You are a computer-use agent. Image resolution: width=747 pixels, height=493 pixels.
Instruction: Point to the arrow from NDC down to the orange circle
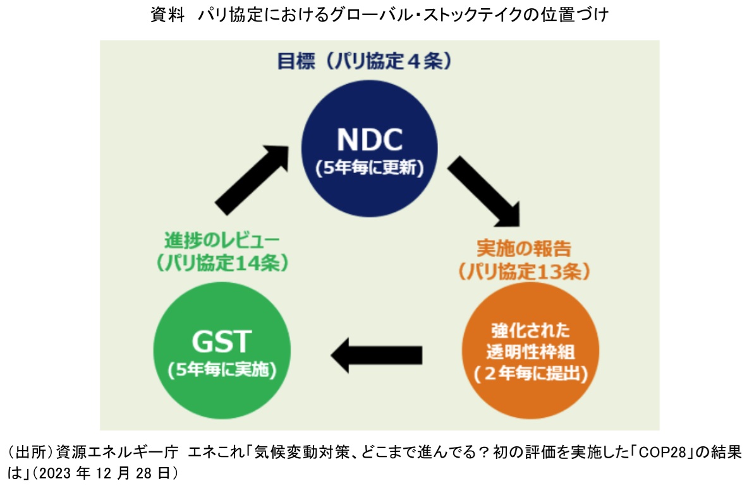pos(485,193)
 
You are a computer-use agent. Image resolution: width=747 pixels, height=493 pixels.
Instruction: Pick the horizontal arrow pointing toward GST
pos(377,353)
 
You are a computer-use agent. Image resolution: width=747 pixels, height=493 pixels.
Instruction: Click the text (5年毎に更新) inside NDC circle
pos(369,169)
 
